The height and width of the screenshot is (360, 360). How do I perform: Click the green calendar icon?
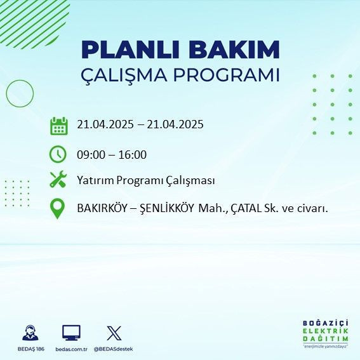pos(58,125)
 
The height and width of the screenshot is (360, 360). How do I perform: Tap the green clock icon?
pos(58,154)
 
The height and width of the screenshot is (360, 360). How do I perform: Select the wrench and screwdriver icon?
pos(58,180)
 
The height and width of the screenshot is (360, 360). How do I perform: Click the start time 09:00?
pos(91,154)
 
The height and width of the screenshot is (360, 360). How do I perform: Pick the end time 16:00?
pos(133,154)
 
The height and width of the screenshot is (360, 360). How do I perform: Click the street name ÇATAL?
pos(247,208)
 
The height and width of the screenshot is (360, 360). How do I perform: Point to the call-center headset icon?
pos(30,332)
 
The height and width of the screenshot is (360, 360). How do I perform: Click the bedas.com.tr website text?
pos(70,349)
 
